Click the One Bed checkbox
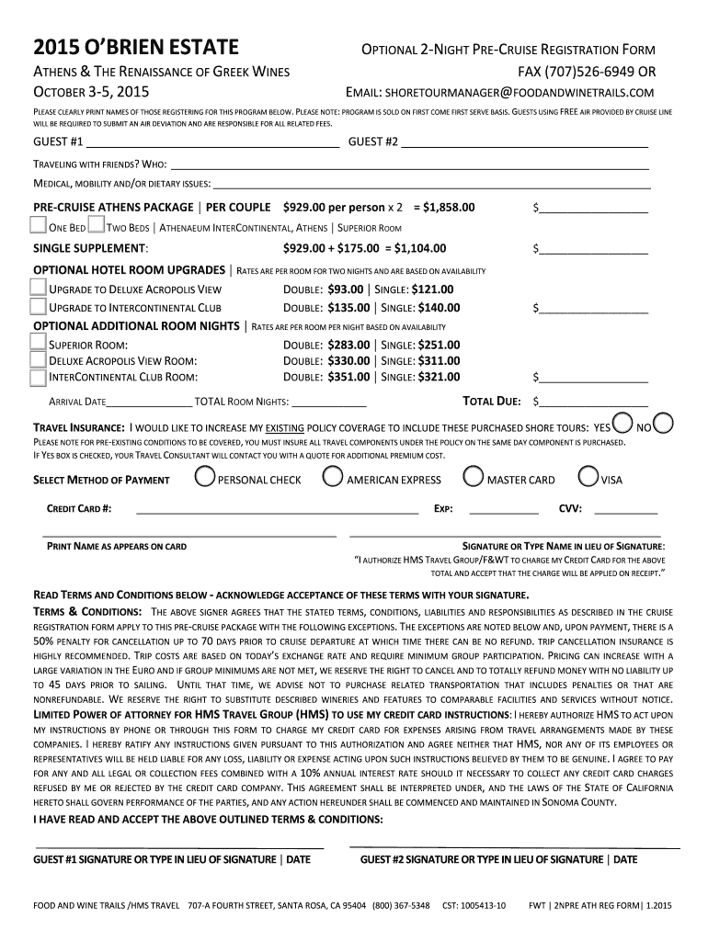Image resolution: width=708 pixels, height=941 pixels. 39,226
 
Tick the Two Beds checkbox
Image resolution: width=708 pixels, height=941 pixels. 97,226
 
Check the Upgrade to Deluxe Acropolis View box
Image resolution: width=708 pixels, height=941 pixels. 39,288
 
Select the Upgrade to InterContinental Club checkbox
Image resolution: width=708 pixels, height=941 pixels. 39,307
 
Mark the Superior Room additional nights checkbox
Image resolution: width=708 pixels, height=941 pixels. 39,342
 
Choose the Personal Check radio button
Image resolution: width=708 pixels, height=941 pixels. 206,477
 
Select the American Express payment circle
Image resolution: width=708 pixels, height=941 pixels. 334,477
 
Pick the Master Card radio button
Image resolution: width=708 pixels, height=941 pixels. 474,477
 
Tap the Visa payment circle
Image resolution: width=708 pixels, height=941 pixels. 589,477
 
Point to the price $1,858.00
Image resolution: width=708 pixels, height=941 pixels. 445,207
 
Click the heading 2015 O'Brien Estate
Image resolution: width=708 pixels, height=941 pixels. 136,47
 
